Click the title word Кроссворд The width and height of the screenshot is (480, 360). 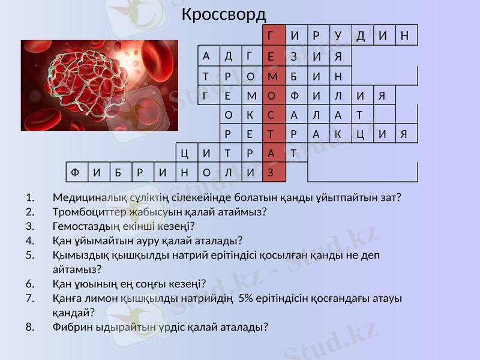[223, 13]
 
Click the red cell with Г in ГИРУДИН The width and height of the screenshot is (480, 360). [272, 35]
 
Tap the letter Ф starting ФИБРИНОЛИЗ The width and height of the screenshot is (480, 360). [75, 172]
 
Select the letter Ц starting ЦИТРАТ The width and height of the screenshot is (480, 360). [185, 152]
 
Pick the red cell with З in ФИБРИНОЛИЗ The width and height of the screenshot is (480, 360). [272, 172]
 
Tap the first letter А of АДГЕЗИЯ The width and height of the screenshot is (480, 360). [206, 56]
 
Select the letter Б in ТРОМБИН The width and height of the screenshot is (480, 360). [294, 76]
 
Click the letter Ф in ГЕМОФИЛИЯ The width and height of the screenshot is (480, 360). [294, 96]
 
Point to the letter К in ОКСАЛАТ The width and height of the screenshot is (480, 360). [250, 114]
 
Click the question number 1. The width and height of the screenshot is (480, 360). [30, 197]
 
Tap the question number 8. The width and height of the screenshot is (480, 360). [30, 327]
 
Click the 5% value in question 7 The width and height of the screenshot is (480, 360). [246, 298]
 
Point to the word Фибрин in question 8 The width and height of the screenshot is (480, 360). [69, 327]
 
